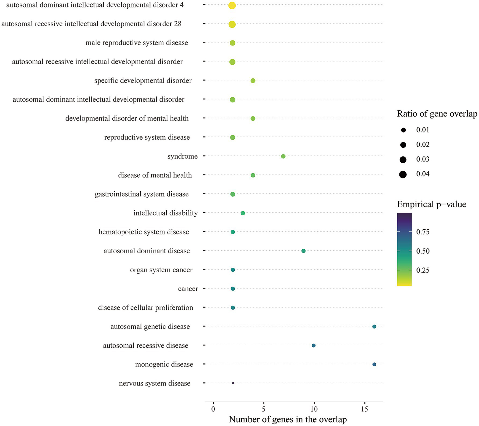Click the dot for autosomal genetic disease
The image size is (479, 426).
click(x=374, y=327)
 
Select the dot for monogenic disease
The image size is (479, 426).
click(x=374, y=364)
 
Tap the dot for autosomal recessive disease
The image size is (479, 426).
click(x=314, y=345)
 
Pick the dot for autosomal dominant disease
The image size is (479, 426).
click(x=303, y=251)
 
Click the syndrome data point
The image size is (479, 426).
click(x=283, y=156)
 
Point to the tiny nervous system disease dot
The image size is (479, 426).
click(x=233, y=383)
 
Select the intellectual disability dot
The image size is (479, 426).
click(x=243, y=213)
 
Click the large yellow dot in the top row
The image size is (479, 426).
click(x=232, y=5)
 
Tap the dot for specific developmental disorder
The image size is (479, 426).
click(x=253, y=81)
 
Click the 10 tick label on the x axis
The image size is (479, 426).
click(x=314, y=409)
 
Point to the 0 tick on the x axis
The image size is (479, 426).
click(x=213, y=409)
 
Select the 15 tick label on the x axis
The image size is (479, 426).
click(x=364, y=409)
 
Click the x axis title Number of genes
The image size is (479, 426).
click(x=288, y=419)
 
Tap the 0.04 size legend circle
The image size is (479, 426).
click(x=403, y=174)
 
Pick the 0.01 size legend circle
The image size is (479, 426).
click(x=403, y=130)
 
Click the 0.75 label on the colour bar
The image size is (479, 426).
click(x=423, y=232)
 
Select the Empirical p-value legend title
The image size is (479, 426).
click(x=431, y=204)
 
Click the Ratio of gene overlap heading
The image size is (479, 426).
click(x=437, y=114)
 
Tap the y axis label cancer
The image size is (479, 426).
click(x=188, y=289)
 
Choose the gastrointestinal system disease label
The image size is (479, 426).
click(x=142, y=194)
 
